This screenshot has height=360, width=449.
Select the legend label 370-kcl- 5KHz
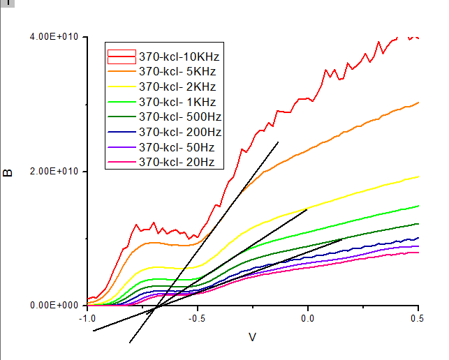click(177, 71)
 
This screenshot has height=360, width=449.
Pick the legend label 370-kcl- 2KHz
click(177, 87)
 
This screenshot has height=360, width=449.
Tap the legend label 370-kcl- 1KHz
click(177, 102)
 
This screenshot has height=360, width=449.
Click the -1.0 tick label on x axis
click(87, 319)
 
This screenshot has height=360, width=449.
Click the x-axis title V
click(253, 338)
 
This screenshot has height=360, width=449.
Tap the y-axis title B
click(9, 172)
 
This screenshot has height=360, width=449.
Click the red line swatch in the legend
click(122, 56)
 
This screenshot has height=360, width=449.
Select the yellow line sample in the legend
click(122, 87)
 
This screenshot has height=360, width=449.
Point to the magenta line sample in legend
click(122, 163)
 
